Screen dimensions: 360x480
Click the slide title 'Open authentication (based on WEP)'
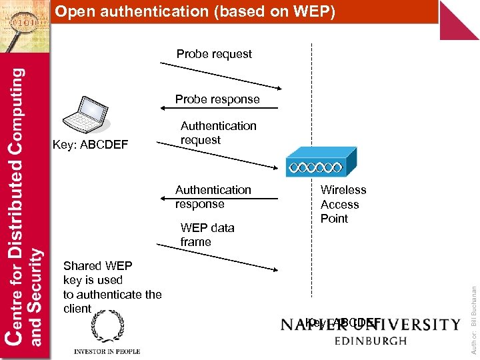pyautogui.click(x=195, y=11)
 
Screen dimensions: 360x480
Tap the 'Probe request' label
pyautogui.click(x=214, y=54)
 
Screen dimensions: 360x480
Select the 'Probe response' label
pyautogui.click(x=217, y=99)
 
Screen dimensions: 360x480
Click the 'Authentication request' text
pyautogui.click(x=218, y=133)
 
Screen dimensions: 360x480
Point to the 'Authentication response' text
pyautogui.click(x=213, y=197)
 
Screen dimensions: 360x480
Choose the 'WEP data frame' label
pyautogui.click(x=207, y=235)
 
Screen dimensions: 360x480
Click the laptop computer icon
pyautogui.click(x=85, y=114)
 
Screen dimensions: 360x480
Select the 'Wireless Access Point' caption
pyautogui.click(x=343, y=204)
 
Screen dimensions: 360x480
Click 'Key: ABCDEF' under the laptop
pyautogui.click(x=90, y=145)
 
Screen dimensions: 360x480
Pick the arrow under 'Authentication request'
pyautogui.click(x=220, y=154)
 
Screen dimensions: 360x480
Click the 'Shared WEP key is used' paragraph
pyautogui.click(x=112, y=287)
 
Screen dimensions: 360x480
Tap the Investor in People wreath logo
pyautogui.click(x=107, y=327)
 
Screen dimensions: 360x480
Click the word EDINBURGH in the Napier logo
pyautogui.click(x=370, y=341)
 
